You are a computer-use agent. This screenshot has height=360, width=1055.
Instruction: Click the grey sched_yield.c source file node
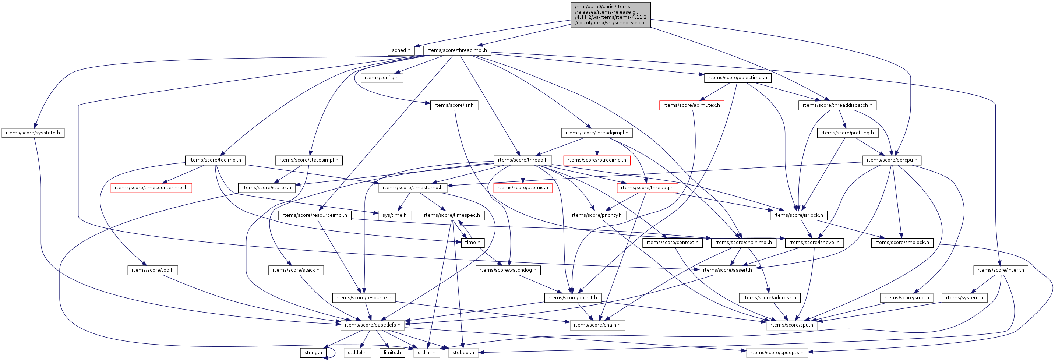point(610,15)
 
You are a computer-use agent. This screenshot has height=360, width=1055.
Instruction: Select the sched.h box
point(401,50)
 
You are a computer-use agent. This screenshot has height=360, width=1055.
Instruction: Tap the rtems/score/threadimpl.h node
point(457,50)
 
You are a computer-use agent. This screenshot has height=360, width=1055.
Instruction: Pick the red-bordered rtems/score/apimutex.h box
point(691,105)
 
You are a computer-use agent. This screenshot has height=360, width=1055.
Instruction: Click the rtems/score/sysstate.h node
point(33,133)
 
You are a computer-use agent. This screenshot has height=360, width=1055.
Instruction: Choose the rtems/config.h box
point(381,78)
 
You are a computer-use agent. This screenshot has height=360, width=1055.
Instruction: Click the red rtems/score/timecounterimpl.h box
point(151,188)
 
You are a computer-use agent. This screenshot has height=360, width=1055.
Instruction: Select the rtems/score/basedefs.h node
point(372,325)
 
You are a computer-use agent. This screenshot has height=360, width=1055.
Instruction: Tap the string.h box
point(313,352)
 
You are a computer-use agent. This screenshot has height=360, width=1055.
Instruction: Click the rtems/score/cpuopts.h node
point(776,352)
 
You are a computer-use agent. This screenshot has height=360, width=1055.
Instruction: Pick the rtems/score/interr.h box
point(1000,270)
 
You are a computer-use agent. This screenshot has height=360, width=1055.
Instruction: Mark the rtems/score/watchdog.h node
point(507,270)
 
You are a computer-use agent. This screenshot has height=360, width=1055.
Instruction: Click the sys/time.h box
point(394,215)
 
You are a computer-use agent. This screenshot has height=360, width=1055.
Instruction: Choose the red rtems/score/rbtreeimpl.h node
point(596,160)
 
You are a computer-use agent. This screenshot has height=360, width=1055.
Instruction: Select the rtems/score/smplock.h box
point(902,243)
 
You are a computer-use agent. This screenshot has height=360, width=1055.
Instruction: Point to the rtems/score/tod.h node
point(152,270)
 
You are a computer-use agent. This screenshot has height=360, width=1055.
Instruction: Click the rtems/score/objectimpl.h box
point(737,78)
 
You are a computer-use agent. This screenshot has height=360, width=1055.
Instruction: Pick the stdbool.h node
point(463,352)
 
